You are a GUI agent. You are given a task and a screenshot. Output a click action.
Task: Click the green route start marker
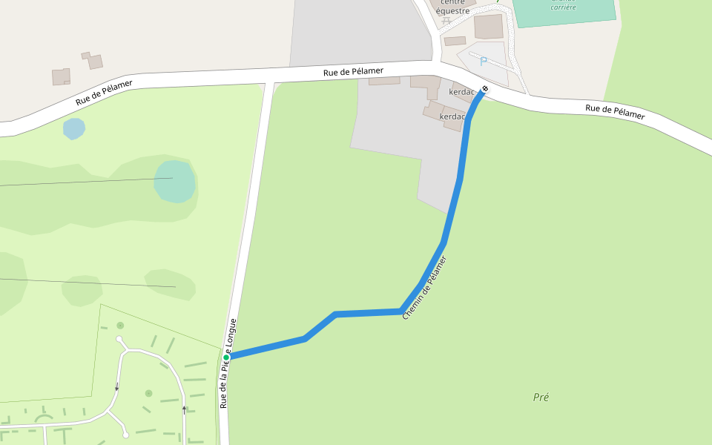[x=226, y=357]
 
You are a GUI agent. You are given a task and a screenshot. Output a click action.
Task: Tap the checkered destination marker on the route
[x=485, y=89]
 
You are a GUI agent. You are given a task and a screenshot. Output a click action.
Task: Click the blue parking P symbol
[x=484, y=62]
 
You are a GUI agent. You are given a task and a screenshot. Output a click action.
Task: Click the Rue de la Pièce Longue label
[x=228, y=363]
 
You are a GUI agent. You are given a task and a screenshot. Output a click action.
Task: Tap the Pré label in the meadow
[x=541, y=397]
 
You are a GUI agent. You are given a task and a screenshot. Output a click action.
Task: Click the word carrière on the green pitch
[x=563, y=7]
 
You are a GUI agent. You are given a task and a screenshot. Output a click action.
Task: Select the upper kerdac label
[x=461, y=93]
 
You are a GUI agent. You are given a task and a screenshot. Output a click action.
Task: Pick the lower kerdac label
[x=452, y=116]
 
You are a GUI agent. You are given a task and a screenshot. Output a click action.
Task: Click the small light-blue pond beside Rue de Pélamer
[x=74, y=128]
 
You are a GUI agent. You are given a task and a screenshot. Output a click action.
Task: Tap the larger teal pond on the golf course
[x=175, y=181]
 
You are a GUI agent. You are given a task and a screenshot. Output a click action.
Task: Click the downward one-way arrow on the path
[x=116, y=386]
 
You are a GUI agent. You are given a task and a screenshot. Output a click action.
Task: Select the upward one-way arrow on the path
[x=185, y=408]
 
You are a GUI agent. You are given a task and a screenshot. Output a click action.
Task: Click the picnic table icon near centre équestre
[x=446, y=21]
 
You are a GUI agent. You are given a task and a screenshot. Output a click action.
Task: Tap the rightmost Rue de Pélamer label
[x=615, y=112]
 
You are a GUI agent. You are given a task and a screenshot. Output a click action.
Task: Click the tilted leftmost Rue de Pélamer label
[x=104, y=93]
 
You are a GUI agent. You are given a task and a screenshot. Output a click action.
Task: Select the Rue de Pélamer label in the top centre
[x=353, y=71]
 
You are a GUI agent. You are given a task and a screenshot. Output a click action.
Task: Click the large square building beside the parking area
[x=489, y=26]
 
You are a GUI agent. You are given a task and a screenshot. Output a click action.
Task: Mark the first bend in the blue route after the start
[x=305, y=339]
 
